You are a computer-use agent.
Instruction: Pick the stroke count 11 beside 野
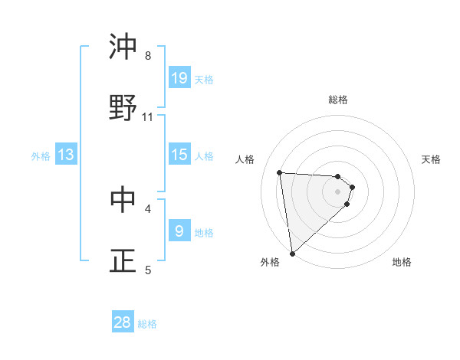click(x=148, y=116)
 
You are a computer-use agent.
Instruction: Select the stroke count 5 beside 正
click(x=148, y=269)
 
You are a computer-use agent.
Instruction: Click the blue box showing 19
click(x=179, y=78)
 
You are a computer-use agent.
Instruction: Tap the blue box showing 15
click(x=179, y=155)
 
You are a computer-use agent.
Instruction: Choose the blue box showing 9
click(x=179, y=231)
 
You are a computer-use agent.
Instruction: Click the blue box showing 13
click(x=66, y=155)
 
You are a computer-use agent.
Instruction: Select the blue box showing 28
click(x=123, y=322)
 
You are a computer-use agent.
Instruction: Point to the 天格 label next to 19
click(x=204, y=79)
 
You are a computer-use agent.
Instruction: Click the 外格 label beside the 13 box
click(x=41, y=155)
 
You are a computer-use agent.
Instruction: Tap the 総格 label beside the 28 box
click(x=147, y=323)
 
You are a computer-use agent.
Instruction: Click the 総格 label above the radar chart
click(x=338, y=100)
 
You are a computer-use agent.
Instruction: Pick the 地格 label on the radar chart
click(x=402, y=262)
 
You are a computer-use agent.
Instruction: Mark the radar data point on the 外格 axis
click(x=291, y=253)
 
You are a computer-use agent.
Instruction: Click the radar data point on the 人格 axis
click(x=280, y=172)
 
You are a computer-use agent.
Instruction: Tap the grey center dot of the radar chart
click(x=337, y=191)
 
